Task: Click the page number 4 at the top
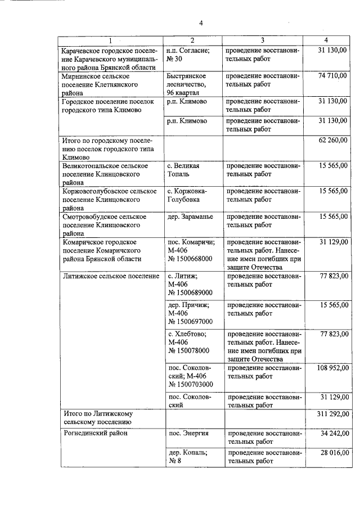coord(200,23)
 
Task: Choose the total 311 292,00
coord(330,414)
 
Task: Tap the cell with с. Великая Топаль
coord(184,170)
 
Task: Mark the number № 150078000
coord(188,350)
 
